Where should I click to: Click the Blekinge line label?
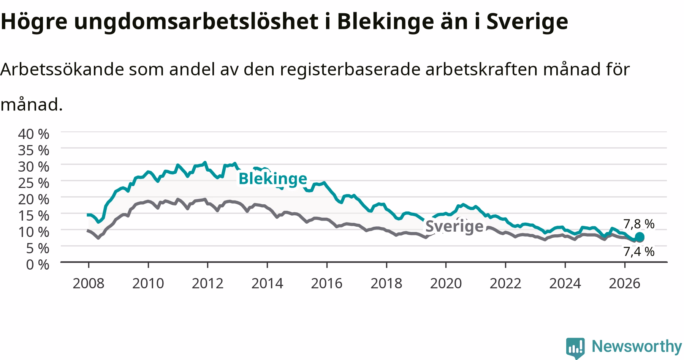point(273,178)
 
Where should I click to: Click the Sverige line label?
point(454,226)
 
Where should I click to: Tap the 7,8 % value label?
point(639,224)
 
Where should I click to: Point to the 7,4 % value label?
point(639,251)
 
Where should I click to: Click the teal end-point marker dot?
point(640,237)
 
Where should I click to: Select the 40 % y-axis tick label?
point(34,134)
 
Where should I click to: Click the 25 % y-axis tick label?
point(34,183)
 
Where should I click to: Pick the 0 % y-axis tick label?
point(38,264)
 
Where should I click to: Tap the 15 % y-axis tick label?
point(34,215)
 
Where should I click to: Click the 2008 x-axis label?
point(88,283)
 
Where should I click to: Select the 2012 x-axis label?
point(207,283)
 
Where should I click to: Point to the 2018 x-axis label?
point(386,283)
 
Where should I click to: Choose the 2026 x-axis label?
point(625,283)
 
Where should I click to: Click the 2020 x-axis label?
point(446,283)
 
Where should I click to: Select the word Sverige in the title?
point(528,22)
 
